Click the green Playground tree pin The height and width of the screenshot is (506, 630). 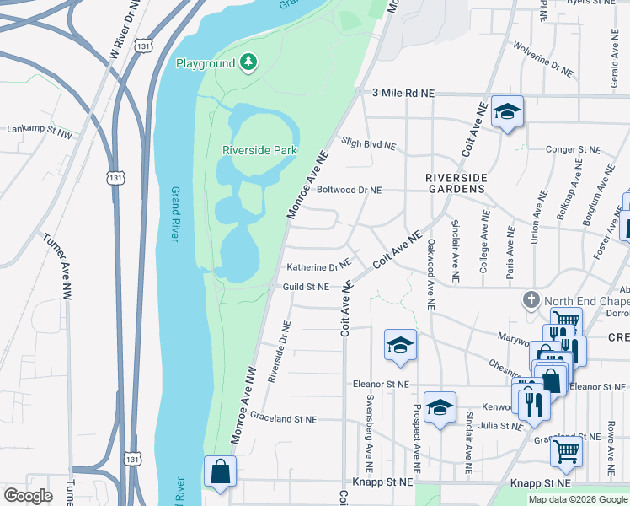tap(248, 62)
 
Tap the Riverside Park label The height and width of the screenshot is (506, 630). tap(260, 150)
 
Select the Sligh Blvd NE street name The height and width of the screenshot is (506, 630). tap(368, 144)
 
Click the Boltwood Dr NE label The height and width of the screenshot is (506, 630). tap(350, 190)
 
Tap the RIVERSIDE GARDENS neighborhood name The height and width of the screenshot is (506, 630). tap(456, 183)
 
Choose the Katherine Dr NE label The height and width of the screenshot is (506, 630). tap(318, 266)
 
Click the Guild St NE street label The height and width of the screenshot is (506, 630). tap(305, 288)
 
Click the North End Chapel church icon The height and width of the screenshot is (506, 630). tap(531, 300)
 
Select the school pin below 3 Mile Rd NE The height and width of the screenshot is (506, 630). tap(507, 114)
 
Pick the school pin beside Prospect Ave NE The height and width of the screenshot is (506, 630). tap(440, 408)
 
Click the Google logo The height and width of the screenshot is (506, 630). tap(29, 496)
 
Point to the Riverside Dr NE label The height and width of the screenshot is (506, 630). tap(280, 352)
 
